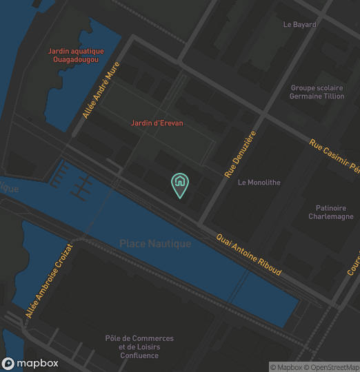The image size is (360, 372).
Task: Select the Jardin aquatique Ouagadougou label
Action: pyautogui.click(x=76, y=56)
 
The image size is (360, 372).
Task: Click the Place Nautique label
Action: pyautogui.click(x=155, y=244)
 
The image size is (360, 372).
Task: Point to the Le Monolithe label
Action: pyautogui.click(x=259, y=183)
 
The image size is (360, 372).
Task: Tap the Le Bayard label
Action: pyautogui.click(x=299, y=25)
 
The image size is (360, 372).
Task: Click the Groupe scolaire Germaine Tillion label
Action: pyautogui.click(x=317, y=92)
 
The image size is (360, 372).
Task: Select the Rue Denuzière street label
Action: pyautogui.click(x=240, y=154)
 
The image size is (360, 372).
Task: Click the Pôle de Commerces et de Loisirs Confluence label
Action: pyautogui.click(x=139, y=347)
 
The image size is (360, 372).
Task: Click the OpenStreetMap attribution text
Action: pyautogui.click(x=334, y=367)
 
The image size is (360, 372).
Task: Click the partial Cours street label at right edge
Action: pyautogui.click(x=353, y=262)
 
